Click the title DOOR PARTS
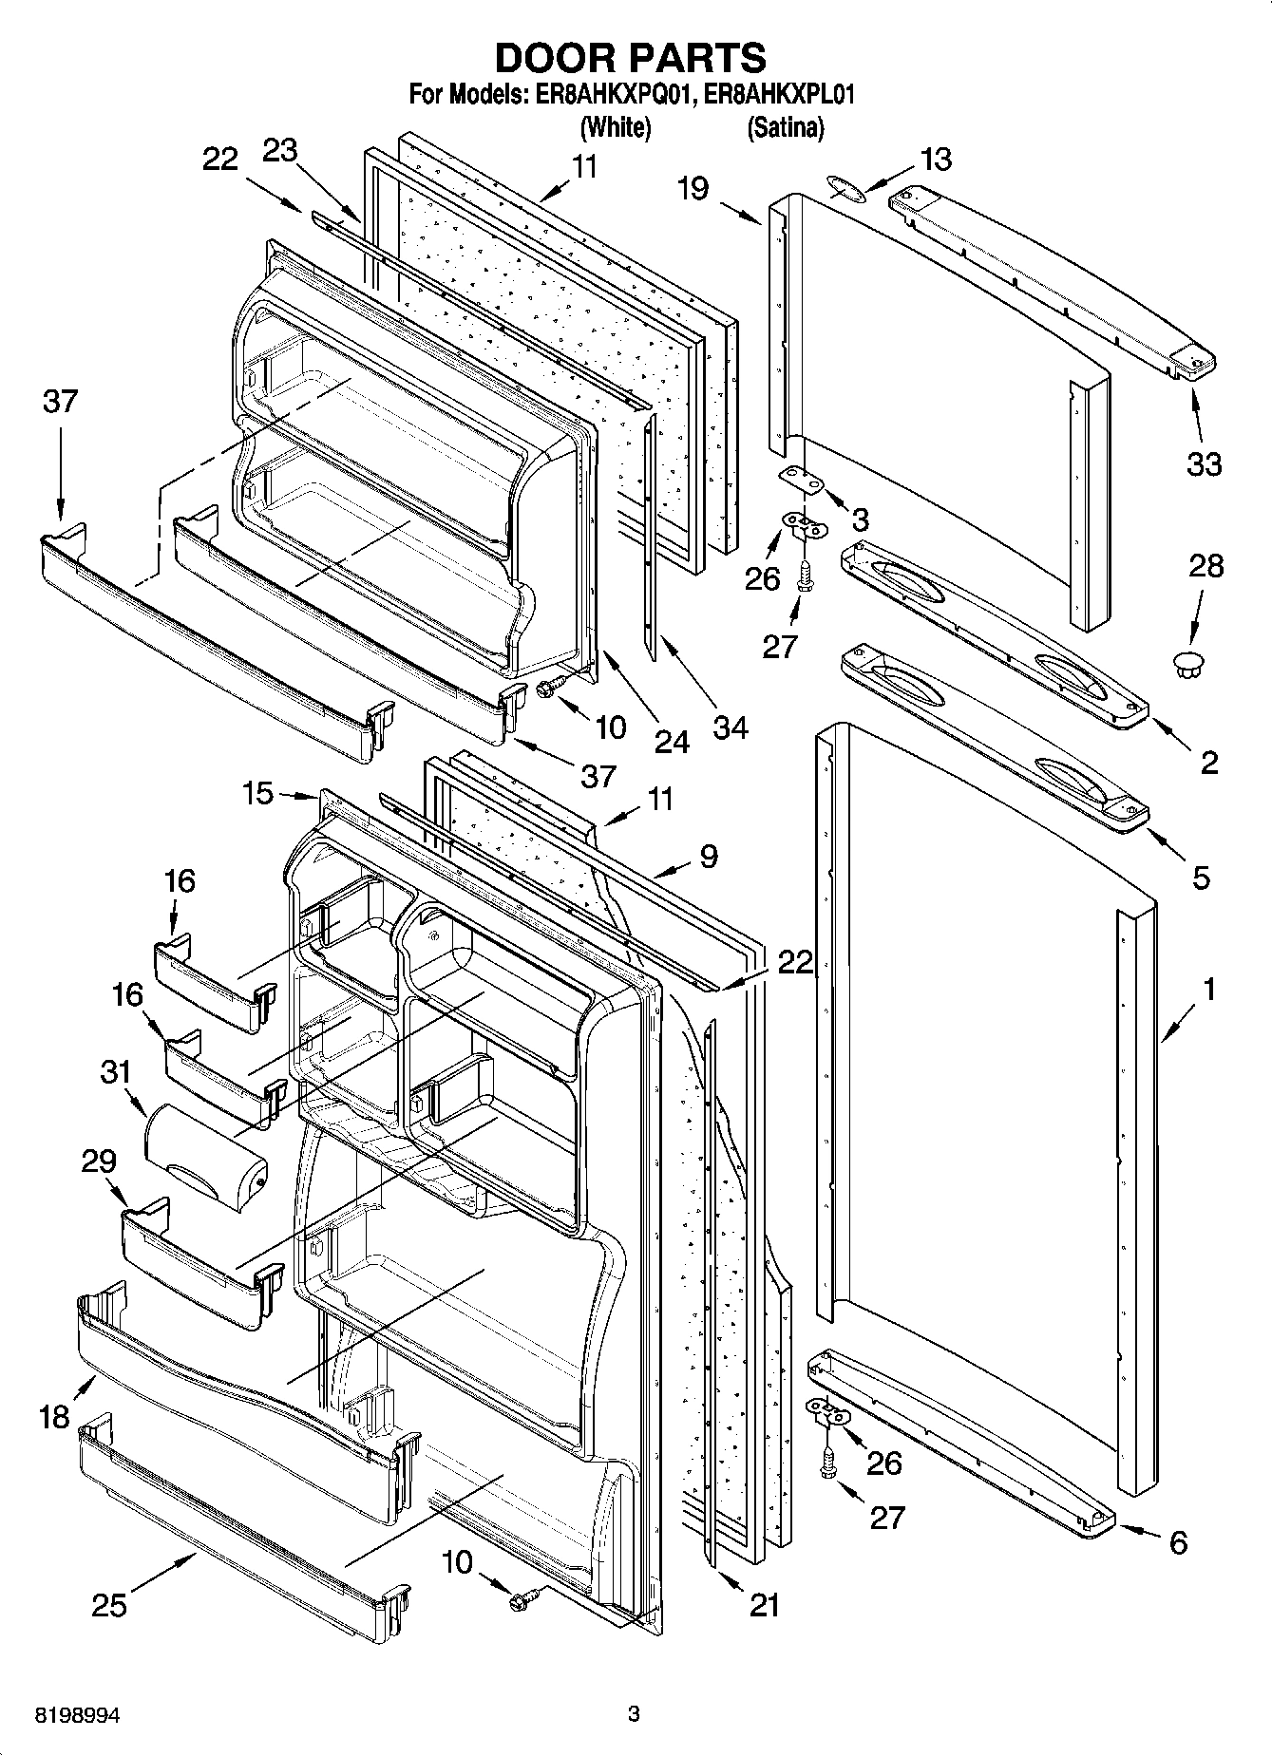pos(631,58)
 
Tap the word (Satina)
pos(785,126)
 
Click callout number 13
pos(936,159)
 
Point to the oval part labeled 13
pos(845,188)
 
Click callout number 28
pos(1206,566)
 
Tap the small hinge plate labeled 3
pos(800,481)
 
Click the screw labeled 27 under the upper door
pos(805,575)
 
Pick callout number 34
pos(731,727)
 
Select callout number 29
pos(99,1161)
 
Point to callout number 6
pos(1178,1543)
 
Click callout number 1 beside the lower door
pos(1209,990)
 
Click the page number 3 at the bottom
pos(634,1714)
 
